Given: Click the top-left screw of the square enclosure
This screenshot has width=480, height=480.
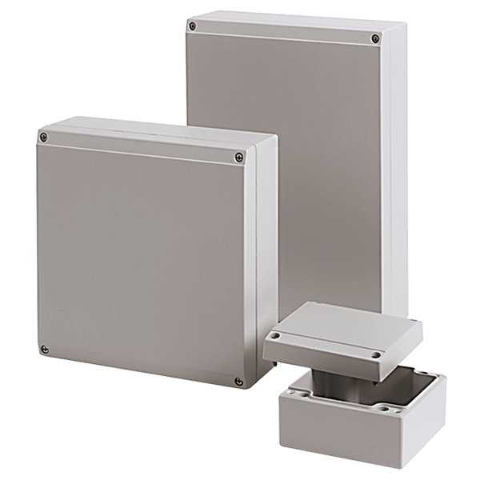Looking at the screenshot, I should point(45,138).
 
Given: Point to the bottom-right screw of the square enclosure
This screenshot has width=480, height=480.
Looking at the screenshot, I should point(238,381).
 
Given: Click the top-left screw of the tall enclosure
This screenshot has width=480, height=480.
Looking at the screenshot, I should point(192,26).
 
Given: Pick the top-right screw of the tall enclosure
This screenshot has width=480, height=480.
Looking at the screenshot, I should point(376,38).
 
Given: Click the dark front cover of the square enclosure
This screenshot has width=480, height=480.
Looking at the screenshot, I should point(140,256).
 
